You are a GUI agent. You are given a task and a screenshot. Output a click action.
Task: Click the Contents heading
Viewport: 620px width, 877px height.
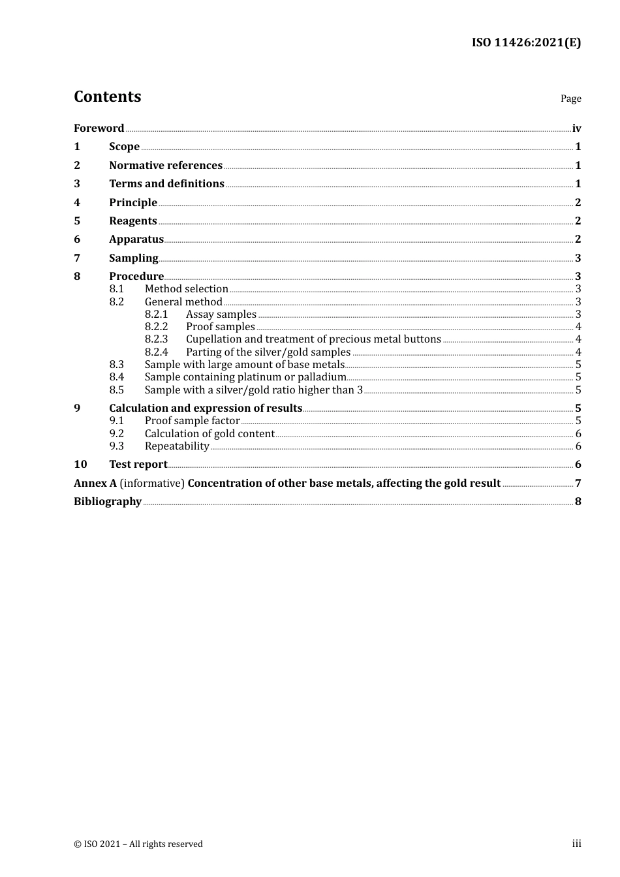[x=107, y=97]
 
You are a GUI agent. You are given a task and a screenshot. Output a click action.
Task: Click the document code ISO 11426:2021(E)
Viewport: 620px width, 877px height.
[x=526, y=42]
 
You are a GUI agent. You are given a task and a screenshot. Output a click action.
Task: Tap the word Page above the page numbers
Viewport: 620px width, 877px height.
[x=570, y=99]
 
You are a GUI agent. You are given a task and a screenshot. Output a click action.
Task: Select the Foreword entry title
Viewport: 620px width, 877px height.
[x=99, y=128]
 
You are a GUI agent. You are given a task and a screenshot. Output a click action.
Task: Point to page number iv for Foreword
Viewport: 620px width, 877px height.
[x=576, y=129]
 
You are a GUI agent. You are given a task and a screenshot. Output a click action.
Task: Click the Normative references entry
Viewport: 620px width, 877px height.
[x=166, y=165]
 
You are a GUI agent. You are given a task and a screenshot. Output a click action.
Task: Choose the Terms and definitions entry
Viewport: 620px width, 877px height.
[x=166, y=184]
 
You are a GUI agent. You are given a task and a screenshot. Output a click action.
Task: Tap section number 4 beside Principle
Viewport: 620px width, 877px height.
[x=77, y=202]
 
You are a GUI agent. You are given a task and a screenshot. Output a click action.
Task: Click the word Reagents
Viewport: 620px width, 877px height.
[x=133, y=221]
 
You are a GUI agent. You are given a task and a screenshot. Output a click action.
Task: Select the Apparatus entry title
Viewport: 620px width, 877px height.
[x=136, y=239]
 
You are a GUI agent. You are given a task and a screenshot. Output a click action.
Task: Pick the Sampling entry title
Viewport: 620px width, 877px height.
[x=134, y=258]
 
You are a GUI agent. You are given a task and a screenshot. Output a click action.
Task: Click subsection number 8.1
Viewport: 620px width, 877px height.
[x=116, y=289]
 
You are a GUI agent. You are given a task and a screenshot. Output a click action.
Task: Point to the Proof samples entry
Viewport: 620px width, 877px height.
[x=220, y=327]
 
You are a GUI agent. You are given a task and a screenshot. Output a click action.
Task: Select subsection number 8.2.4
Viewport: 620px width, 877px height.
[x=156, y=352]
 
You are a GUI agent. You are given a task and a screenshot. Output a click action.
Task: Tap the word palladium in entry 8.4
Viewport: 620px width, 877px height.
[x=322, y=377]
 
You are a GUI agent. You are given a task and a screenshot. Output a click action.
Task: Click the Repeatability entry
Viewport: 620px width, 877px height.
[x=177, y=446]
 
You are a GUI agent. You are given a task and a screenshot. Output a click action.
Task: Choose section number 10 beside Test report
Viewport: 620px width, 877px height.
[x=80, y=465]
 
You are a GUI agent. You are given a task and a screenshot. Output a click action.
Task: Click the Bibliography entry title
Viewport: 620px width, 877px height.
[x=108, y=502]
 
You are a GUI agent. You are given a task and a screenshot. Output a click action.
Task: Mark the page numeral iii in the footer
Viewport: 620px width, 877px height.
[x=576, y=844]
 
